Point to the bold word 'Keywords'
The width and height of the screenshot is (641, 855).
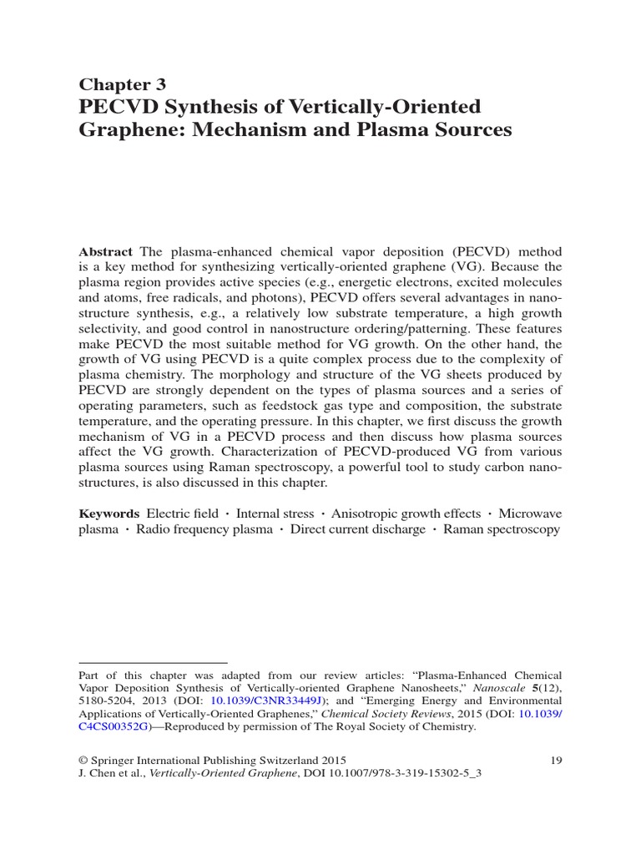pos(109,514)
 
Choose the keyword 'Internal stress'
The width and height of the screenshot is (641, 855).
pos(275,514)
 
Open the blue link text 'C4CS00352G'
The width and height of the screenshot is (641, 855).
pos(114,726)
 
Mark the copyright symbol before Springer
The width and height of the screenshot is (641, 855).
pos(83,760)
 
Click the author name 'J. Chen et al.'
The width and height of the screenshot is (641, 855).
pos(113,773)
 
